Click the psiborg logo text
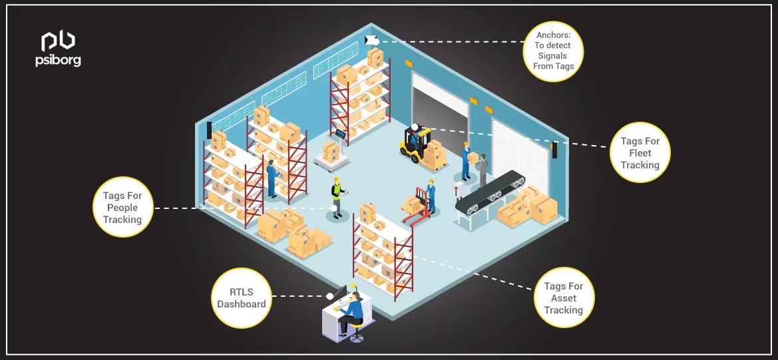(x=58, y=61)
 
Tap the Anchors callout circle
(x=553, y=51)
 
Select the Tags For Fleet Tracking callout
(x=640, y=153)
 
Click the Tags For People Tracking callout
(x=122, y=208)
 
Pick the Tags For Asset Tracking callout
(x=563, y=298)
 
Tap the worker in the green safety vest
(x=337, y=196)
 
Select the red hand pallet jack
(x=417, y=206)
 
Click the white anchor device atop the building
(x=371, y=40)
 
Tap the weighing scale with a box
(x=333, y=153)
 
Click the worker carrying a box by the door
(x=467, y=160)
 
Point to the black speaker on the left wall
(x=209, y=130)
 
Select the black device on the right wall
(x=554, y=150)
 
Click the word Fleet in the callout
(x=640, y=153)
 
